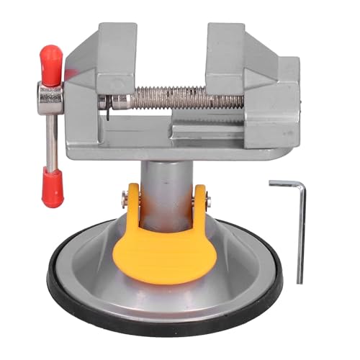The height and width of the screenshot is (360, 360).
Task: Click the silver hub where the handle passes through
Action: pyautogui.click(x=50, y=96)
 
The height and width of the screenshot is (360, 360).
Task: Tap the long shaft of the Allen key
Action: pyautogui.click(x=301, y=238)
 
